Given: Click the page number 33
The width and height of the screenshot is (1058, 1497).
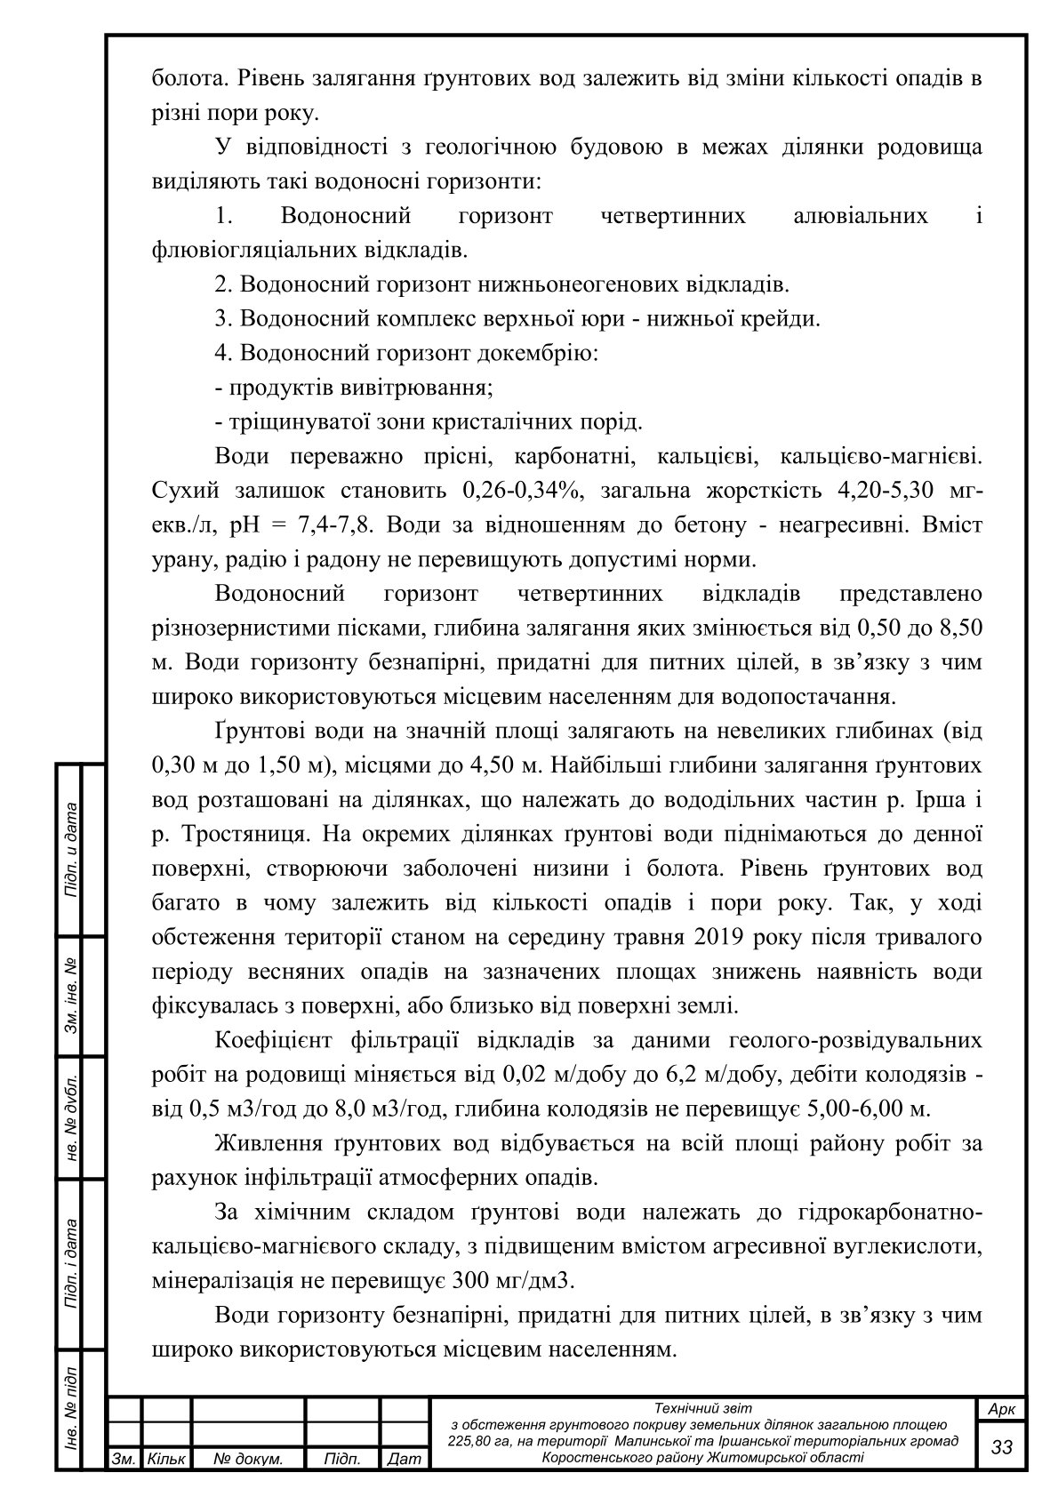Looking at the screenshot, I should tap(1002, 1446).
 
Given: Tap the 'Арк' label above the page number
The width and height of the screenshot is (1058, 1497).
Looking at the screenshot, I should tap(1002, 1409).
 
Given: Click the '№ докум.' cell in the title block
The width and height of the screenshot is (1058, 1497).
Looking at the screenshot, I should tap(249, 1459).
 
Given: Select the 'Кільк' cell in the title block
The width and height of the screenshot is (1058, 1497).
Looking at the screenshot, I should tap(165, 1459).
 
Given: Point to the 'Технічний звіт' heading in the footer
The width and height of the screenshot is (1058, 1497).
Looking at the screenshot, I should tap(702, 1407).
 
